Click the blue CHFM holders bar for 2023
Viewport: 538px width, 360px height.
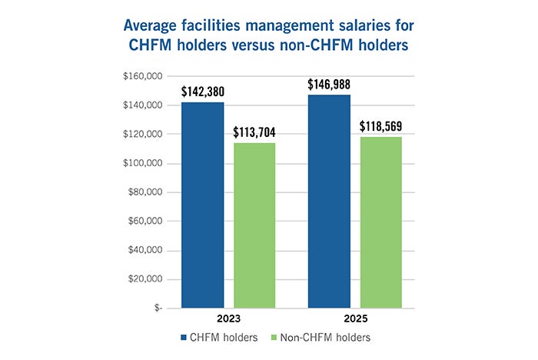point(202,205)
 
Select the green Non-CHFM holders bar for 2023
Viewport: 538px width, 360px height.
point(254,225)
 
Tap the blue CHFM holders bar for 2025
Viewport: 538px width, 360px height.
point(330,202)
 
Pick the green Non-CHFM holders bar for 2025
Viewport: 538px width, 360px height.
point(381,222)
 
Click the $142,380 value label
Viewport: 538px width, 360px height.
point(203,92)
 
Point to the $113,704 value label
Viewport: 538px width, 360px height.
point(254,132)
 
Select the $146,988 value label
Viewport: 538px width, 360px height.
point(329,85)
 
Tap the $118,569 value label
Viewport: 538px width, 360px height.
point(381,126)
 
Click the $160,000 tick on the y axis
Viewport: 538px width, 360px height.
point(143,76)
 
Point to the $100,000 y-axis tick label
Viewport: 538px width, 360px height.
point(143,163)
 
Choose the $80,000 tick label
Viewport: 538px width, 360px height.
point(145,192)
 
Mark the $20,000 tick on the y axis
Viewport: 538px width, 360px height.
point(145,279)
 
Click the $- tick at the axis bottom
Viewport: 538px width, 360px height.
point(158,308)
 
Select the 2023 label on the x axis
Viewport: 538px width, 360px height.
point(228,318)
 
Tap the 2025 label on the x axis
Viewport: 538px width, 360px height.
point(355,318)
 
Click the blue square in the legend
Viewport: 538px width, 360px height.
point(184,338)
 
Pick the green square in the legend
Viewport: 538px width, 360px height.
point(274,338)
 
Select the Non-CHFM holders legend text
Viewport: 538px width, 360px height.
point(325,338)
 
